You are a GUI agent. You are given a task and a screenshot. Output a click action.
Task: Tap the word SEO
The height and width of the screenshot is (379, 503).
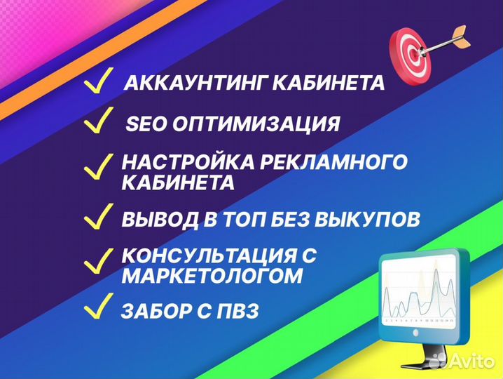click(x=144, y=124)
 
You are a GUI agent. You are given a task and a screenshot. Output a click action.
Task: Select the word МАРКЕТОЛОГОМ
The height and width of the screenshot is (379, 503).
click(x=213, y=277)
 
